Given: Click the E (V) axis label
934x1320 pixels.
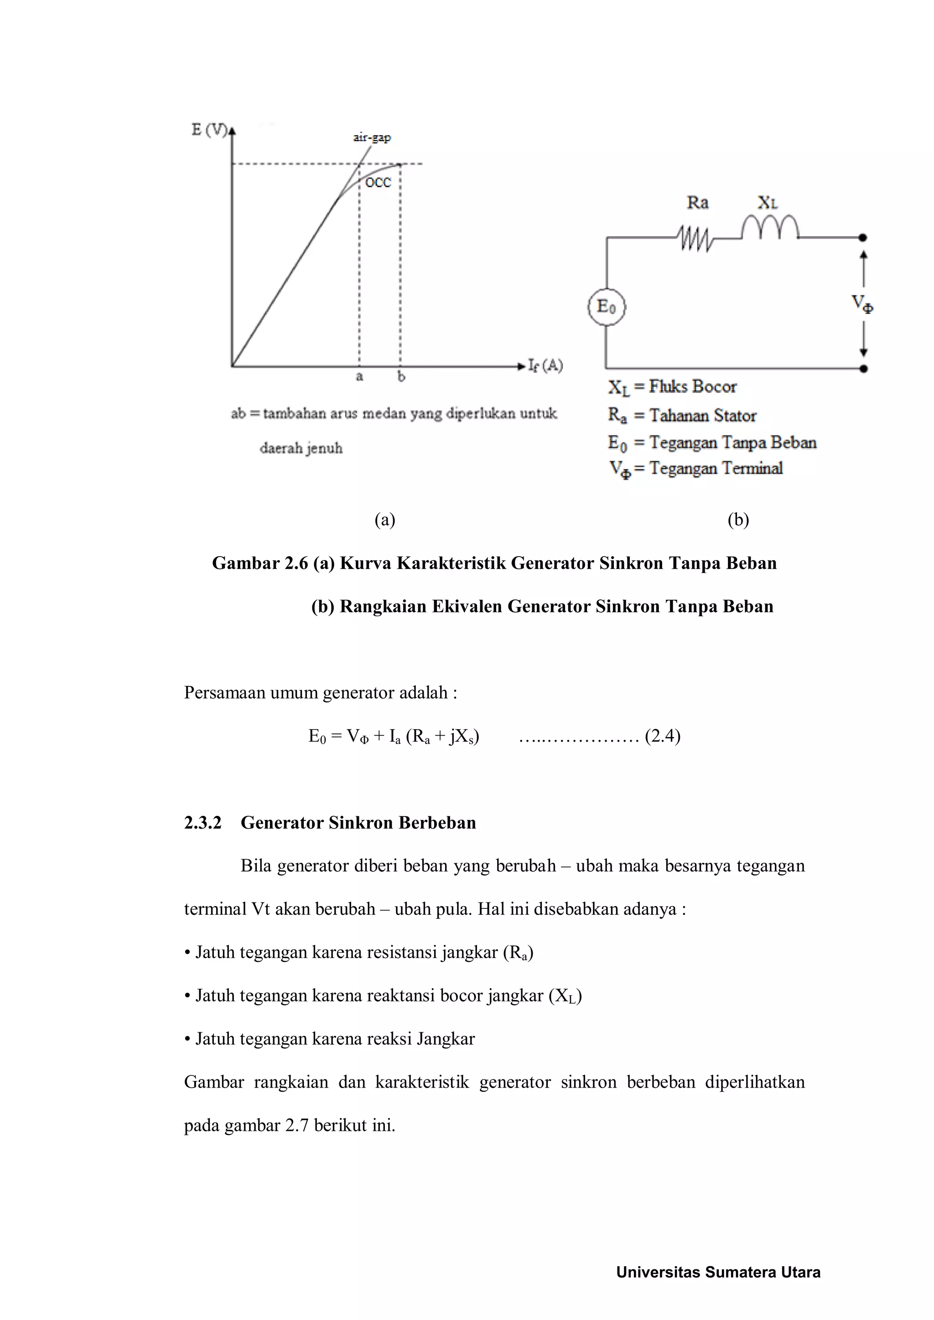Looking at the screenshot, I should click(x=209, y=130).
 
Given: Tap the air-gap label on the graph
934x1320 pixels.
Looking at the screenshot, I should click(x=372, y=138).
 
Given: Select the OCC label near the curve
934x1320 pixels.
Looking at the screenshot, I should click(x=378, y=183).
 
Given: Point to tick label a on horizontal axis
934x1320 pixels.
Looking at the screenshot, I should click(x=359, y=377).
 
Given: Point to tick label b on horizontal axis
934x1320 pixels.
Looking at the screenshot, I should click(x=401, y=377).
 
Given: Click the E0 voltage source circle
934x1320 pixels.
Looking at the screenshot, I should click(x=606, y=307).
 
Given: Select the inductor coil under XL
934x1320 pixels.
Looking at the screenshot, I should click(x=769, y=227).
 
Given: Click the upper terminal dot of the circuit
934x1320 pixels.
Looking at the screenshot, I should click(x=863, y=237).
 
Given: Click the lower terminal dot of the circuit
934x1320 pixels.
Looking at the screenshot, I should click(x=863, y=369).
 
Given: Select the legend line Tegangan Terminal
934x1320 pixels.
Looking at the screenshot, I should click(x=716, y=469).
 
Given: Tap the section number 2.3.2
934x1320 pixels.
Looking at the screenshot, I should click(x=202, y=823).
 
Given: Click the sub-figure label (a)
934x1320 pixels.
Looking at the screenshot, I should click(x=385, y=520).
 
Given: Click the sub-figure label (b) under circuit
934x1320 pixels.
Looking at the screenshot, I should click(x=738, y=520).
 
